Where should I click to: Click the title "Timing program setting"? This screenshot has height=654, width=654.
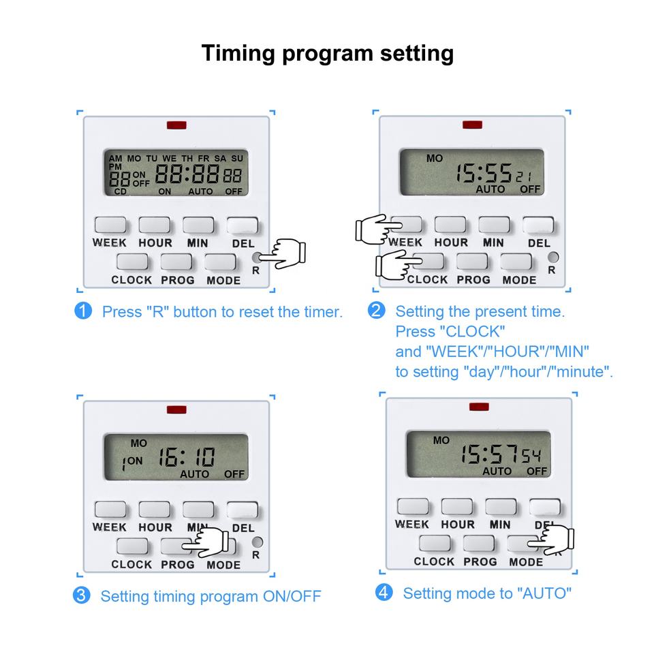(327, 52)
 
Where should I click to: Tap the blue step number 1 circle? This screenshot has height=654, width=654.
(82, 311)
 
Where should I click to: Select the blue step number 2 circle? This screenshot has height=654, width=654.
(376, 311)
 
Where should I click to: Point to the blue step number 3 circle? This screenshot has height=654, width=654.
(81, 595)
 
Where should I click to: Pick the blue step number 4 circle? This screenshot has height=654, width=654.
(384, 593)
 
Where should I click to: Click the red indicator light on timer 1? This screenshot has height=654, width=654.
(176, 125)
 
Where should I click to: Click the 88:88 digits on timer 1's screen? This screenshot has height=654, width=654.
(187, 175)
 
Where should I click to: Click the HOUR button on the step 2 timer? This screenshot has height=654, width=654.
(450, 225)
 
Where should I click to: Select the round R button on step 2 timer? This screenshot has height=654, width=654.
(553, 258)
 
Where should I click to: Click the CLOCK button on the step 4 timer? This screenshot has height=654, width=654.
(434, 543)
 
